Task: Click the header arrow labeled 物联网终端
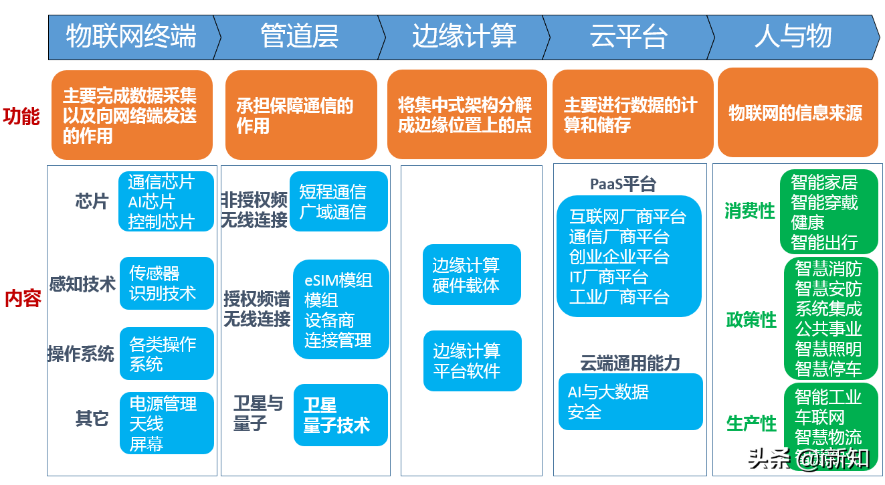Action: (x=131, y=36)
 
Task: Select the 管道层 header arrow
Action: (x=299, y=36)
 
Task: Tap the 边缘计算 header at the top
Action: (x=464, y=36)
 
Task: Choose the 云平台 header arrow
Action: (x=628, y=36)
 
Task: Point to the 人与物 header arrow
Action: (x=793, y=36)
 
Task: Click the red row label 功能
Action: (x=22, y=116)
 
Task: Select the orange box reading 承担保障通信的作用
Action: (x=301, y=115)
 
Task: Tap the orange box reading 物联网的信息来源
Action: (x=797, y=112)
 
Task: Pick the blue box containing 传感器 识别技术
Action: (x=167, y=283)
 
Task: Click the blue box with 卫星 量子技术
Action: (x=340, y=415)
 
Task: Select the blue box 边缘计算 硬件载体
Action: (x=472, y=275)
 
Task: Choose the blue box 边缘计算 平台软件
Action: (x=472, y=361)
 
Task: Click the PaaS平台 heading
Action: (x=623, y=184)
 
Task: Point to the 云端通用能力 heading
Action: (x=630, y=363)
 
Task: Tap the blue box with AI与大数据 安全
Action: (x=630, y=401)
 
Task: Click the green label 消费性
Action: (x=749, y=211)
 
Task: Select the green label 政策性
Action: (x=751, y=320)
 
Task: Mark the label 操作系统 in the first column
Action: (x=81, y=354)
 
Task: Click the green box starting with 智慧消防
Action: (x=830, y=318)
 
